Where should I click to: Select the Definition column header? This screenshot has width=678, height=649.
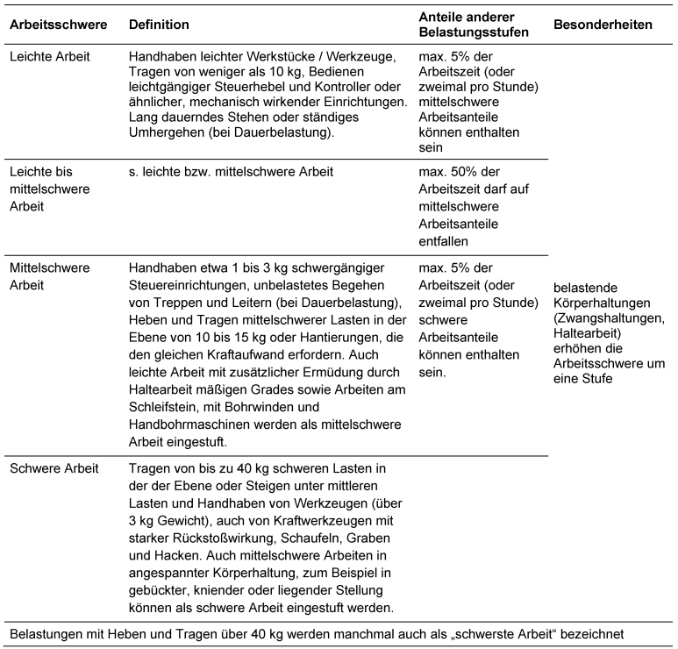click(159, 25)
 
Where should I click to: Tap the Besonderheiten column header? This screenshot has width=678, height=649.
click(603, 25)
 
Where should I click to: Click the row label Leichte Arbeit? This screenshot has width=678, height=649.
click(50, 54)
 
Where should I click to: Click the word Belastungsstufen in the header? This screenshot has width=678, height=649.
click(474, 32)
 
